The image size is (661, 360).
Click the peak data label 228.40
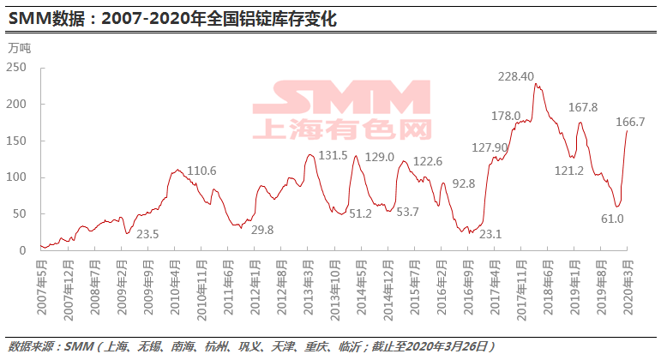pos(516,76)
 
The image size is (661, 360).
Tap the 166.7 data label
pos(630,123)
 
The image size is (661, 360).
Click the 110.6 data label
pos(201,171)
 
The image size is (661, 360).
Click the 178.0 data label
pos(506,116)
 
